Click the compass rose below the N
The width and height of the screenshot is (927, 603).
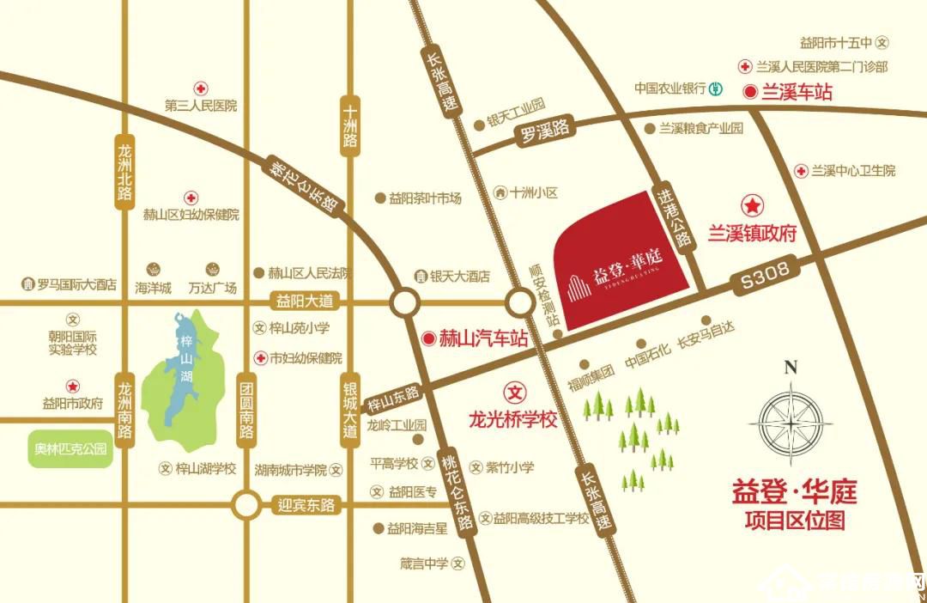click(x=791, y=424)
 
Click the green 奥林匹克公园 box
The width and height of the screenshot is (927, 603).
click(x=70, y=448)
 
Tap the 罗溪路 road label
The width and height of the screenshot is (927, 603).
click(x=545, y=130)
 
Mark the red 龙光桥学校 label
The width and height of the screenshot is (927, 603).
click(x=512, y=421)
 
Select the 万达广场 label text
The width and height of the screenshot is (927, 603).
click(x=213, y=288)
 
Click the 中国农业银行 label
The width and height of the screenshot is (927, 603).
click(x=669, y=88)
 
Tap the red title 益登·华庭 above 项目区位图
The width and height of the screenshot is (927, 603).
click(x=794, y=492)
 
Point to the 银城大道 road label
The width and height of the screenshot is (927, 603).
click(x=350, y=411)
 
